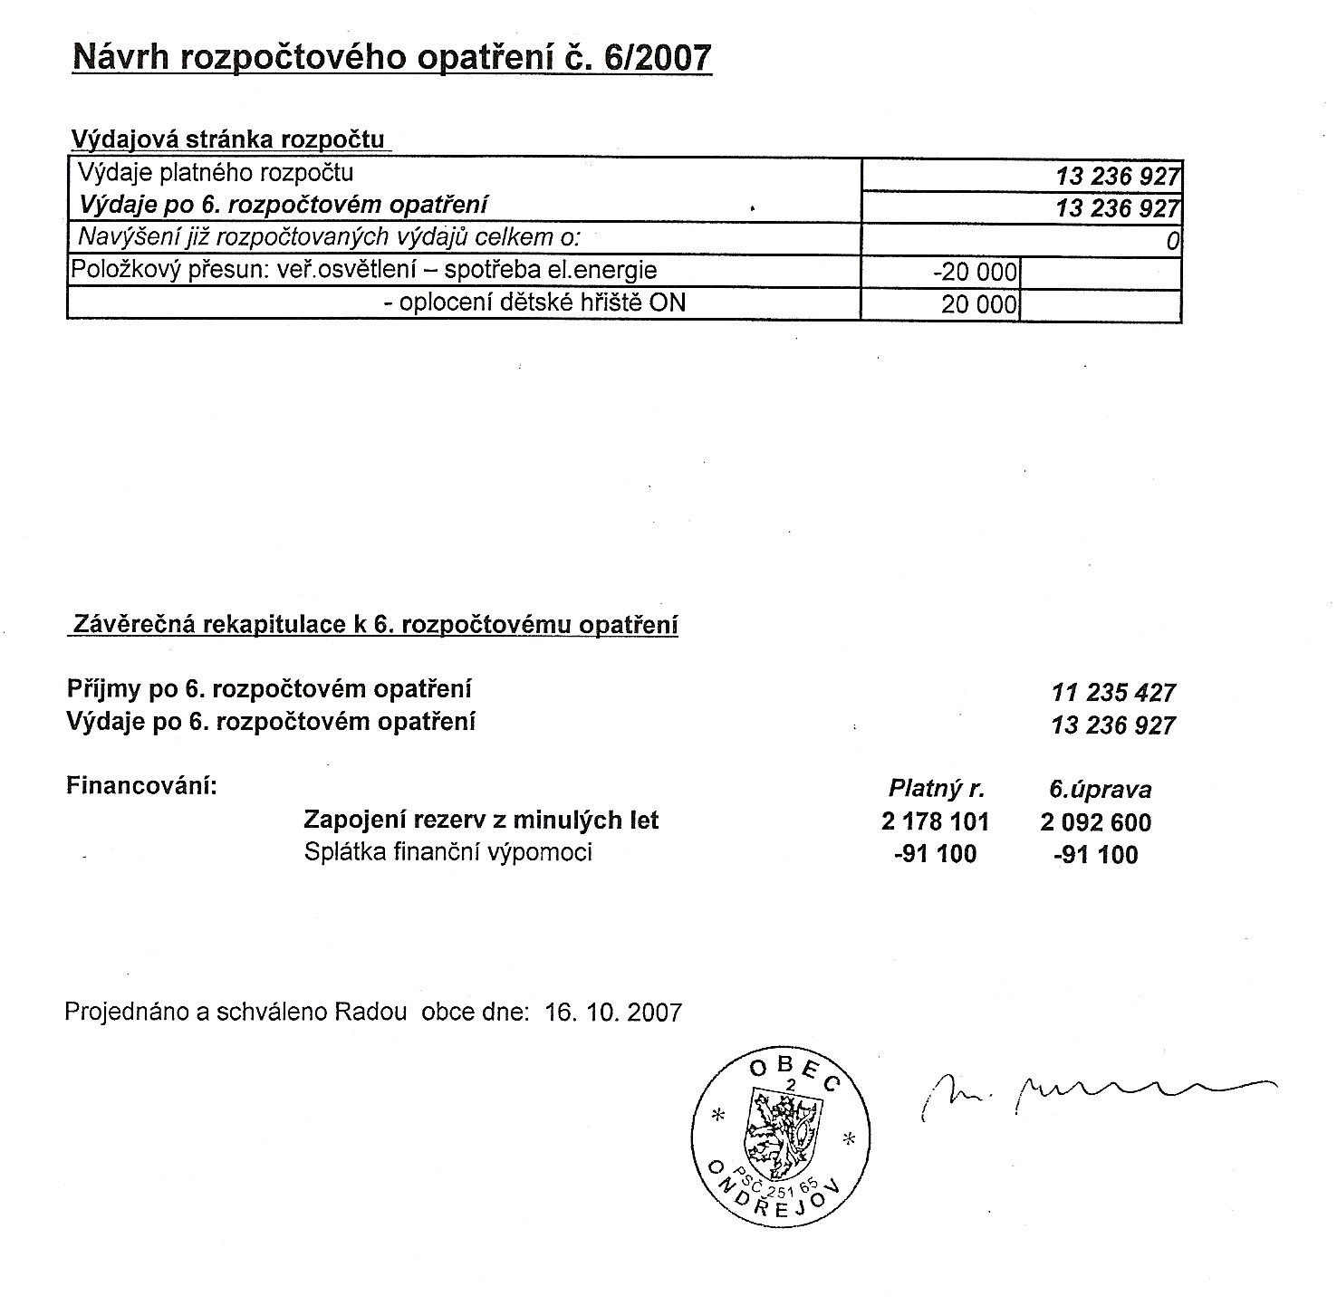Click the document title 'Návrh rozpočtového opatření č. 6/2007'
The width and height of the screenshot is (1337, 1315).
(x=391, y=58)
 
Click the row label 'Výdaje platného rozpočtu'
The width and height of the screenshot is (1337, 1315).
(x=216, y=173)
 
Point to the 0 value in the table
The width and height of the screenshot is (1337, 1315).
(x=1172, y=241)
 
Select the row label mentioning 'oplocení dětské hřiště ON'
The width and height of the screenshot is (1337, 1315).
(x=534, y=302)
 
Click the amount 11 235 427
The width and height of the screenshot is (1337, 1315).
(x=1112, y=693)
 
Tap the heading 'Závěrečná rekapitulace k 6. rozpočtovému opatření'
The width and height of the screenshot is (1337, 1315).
(x=374, y=625)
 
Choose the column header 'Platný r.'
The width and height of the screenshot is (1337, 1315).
(x=936, y=789)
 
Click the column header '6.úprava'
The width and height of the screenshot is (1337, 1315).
(x=1100, y=790)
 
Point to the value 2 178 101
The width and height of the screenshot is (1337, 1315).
(x=935, y=822)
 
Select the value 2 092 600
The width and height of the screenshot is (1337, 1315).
(x=1096, y=822)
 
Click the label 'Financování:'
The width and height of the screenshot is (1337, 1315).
(x=142, y=785)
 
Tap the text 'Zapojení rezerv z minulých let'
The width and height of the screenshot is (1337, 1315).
(x=481, y=821)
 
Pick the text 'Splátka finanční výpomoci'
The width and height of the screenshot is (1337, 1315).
(x=448, y=852)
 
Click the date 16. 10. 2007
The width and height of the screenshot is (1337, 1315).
(x=613, y=1012)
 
